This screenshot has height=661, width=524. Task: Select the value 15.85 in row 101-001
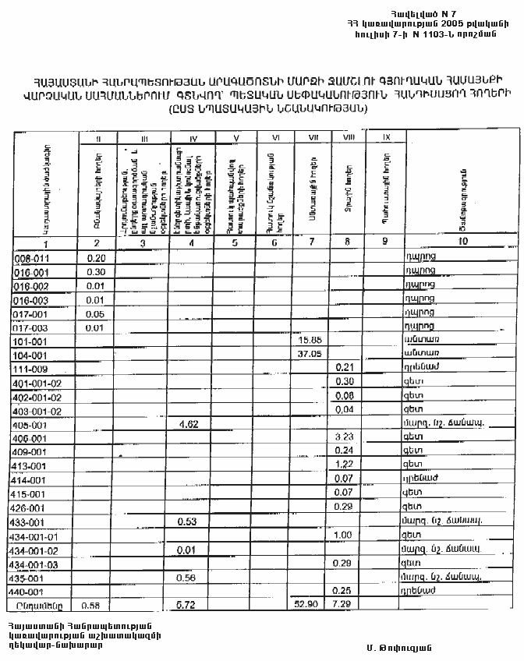coord(310,340)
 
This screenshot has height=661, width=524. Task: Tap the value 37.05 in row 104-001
coord(310,354)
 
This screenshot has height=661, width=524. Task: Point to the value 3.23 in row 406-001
coord(344,437)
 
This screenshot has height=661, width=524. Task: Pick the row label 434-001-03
coord(37,563)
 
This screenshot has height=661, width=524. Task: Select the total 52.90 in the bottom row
coord(310,604)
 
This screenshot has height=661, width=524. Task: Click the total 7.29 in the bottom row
coord(344,604)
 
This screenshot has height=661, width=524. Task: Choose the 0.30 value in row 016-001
coord(97,271)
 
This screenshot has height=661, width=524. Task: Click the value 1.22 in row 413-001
coord(344,465)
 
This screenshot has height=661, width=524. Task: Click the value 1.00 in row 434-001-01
coord(344,535)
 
